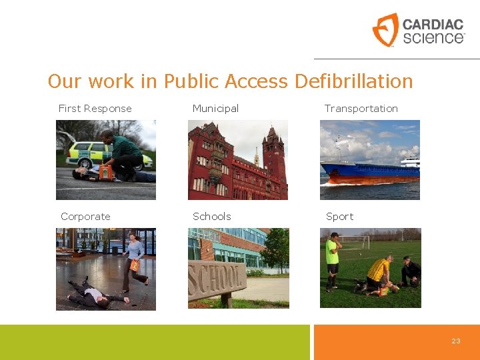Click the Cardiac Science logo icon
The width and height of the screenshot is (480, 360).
point(385,30)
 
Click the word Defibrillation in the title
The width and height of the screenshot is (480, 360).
point(353,81)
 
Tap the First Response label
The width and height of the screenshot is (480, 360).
point(95,109)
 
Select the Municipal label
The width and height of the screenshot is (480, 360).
point(215,109)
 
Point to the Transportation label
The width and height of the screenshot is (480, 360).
point(361,109)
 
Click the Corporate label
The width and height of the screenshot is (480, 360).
point(85,217)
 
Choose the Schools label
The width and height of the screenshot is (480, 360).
point(211,217)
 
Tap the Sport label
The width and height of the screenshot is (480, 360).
point(339,217)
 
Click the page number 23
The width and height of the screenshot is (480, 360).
point(456,341)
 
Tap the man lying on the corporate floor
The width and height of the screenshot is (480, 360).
point(93,293)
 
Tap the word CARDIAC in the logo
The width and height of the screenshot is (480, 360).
point(433,25)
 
